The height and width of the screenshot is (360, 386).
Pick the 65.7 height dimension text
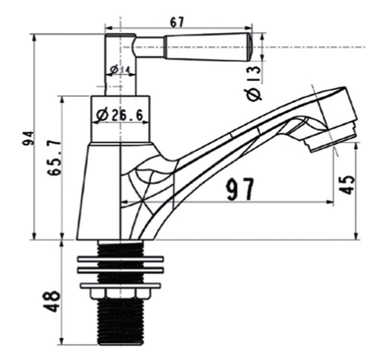[x=54, y=158]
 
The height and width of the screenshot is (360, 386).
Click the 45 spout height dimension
[x=347, y=183]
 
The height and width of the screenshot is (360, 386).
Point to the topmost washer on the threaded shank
[x=120, y=260]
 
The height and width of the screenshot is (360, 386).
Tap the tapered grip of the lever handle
[x=204, y=47]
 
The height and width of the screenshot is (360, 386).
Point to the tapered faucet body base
[x=98, y=191]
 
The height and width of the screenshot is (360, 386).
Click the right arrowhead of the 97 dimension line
[x=331, y=202]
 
